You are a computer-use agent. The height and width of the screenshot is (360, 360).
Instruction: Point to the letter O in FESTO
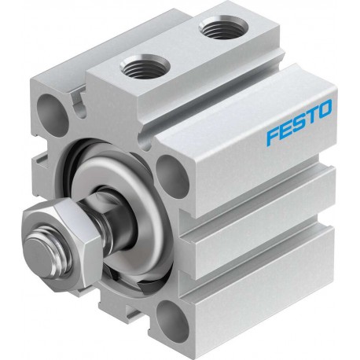coord(325,108)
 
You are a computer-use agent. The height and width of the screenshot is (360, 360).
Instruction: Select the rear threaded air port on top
coord(222,27)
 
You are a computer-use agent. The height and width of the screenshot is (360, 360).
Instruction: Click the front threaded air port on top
coord(145,67)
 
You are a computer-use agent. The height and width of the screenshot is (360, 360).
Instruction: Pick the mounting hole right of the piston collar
coord(172,176)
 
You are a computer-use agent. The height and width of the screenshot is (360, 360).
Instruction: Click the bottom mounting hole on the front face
coord(173,321)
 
